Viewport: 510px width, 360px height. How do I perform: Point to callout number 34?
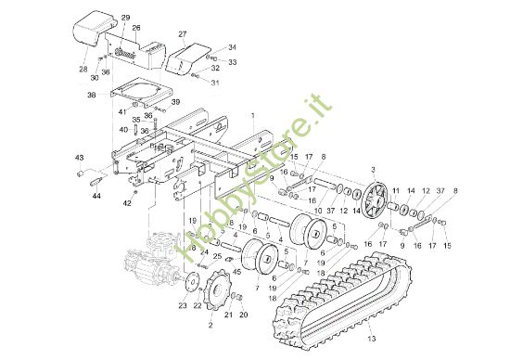pyautogui.click(x=232, y=46)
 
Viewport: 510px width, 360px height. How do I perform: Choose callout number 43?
pyautogui.click(x=79, y=158)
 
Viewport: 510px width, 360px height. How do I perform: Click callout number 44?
pyautogui.click(x=96, y=197)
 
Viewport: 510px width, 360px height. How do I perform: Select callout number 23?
pyautogui.click(x=183, y=305)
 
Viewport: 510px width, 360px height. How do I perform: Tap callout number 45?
pyautogui.click(x=237, y=271)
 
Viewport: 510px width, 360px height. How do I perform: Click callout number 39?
pyautogui.click(x=175, y=102)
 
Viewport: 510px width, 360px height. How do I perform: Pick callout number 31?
pyautogui.click(x=215, y=82)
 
